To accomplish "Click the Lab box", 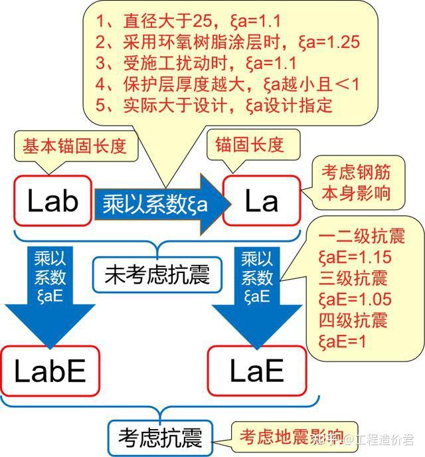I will coord(52,201).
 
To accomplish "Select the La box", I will coord(260,201).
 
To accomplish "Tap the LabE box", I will coord(50,371).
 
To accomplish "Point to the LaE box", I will coord(256,371).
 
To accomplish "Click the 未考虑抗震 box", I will coord(157,273).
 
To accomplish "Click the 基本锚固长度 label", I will coord(74,145).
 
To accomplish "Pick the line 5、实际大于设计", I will coord(214,106).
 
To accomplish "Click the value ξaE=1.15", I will coord(355,258).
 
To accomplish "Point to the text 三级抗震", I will coord(353,278).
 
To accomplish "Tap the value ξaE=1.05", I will coord(355,299).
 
